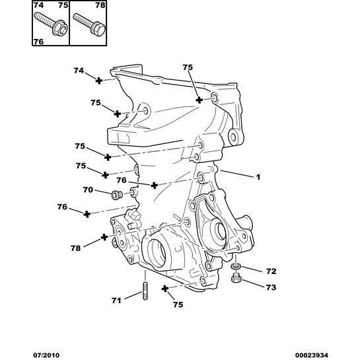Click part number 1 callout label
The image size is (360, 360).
259,177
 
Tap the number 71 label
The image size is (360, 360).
116,301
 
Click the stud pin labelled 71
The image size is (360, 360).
143,291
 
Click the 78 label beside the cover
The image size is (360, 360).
77,248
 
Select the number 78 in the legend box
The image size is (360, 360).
100,5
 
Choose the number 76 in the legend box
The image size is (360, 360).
38,42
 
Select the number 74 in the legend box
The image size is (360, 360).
38,5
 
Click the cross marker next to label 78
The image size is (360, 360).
104,236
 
